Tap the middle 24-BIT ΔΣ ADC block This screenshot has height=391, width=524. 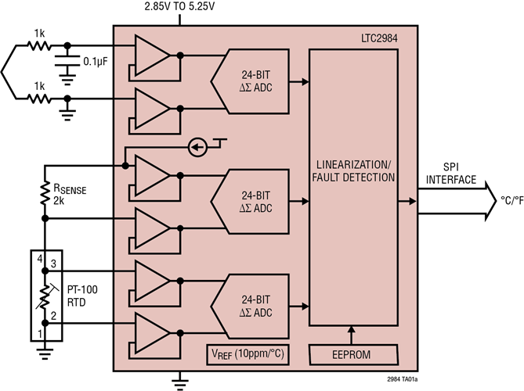[x=255, y=202]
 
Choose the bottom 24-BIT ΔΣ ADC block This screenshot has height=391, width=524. [x=255, y=307]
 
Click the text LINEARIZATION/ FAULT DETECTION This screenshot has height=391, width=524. [x=353, y=172]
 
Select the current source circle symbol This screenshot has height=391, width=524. [x=198, y=147]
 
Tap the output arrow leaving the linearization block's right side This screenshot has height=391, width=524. [x=409, y=202]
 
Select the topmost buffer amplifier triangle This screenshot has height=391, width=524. [x=151, y=55]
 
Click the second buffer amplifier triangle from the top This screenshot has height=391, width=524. [x=151, y=107]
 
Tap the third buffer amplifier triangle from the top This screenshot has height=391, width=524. [x=151, y=175]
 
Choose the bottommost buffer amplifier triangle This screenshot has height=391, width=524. [x=151, y=333]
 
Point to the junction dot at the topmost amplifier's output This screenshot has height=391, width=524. [x=180, y=55]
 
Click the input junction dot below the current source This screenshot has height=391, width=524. [x=125, y=166]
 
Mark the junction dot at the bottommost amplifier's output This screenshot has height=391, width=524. [x=180, y=333]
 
